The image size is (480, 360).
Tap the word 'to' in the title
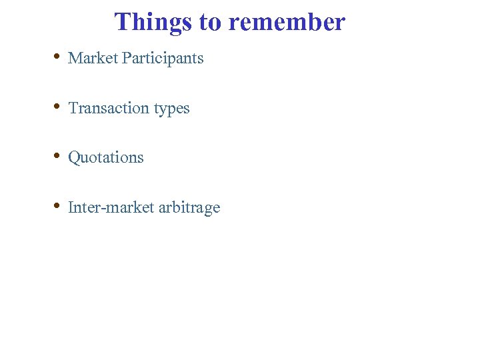(210, 22)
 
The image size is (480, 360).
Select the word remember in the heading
(286, 22)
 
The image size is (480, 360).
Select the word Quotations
(106, 158)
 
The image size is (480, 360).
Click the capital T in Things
(122, 22)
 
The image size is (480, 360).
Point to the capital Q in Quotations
(74, 158)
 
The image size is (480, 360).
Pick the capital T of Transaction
(73, 108)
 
